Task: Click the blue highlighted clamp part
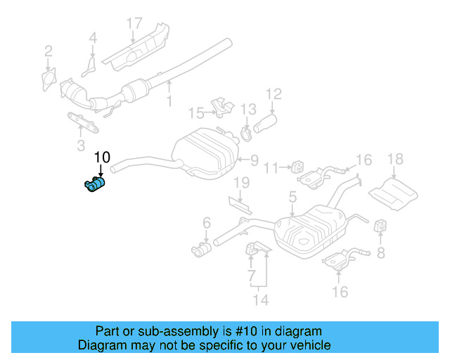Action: pos(94,184)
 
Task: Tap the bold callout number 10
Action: pos(102,157)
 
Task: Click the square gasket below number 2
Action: pos(49,77)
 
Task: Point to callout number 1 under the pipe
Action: pos(168,101)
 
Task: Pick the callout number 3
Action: pos(80,146)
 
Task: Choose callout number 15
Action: pos(195,112)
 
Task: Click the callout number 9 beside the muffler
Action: pos(254,160)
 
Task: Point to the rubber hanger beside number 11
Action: pos(297,169)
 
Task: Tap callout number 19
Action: pos(240,184)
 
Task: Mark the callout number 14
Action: pos(262,300)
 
